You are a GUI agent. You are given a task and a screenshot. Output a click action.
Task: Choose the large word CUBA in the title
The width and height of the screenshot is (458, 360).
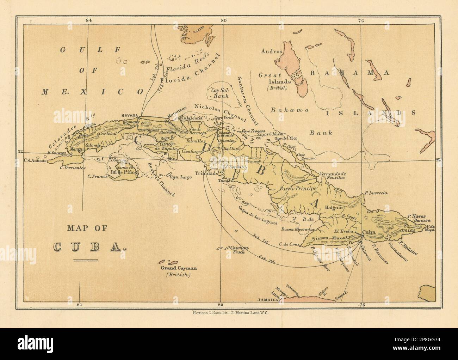point(90,246)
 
